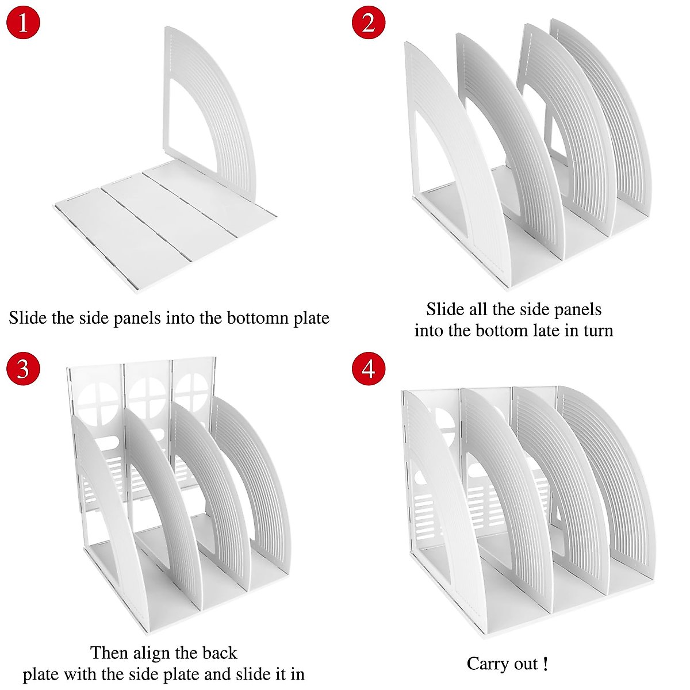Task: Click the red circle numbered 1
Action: coord(23,23)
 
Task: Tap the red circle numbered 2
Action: coord(368,23)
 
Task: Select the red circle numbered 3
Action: coord(23,368)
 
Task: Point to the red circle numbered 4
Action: coord(368,368)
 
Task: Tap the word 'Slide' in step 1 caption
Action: coord(28,318)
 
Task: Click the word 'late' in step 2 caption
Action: coord(526,331)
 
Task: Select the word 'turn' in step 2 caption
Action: coord(595,331)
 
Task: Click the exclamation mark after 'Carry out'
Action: coord(545,664)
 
